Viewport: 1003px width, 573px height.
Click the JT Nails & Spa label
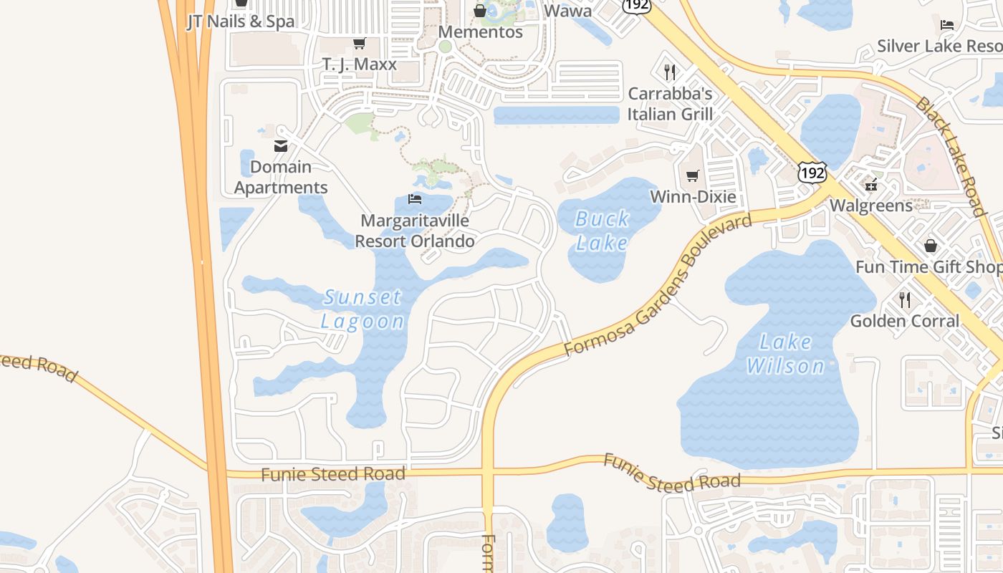pos(241,21)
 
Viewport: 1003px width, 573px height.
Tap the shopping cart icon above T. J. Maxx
pos(359,44)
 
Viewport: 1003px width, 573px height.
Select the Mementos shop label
pos(480,32)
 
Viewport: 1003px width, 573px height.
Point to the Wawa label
pos(568,11)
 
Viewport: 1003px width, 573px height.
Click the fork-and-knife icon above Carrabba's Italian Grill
pos(670,72)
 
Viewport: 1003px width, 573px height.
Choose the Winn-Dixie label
pos(692,196)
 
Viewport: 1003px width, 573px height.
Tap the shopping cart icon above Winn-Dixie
pos(692,175)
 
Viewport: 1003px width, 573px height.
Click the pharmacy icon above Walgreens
pos(871,185)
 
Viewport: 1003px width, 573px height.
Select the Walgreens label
pos(871,206)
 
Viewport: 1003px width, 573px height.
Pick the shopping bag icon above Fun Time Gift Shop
pos(930,246)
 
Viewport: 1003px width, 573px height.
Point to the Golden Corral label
pos(904,321)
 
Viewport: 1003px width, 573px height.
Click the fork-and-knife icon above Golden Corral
pos(905,300)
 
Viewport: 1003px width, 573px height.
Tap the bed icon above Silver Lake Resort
pos(947,25)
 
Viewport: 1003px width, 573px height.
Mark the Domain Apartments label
pos(281,177)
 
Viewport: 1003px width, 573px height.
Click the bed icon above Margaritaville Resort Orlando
pos(415,198)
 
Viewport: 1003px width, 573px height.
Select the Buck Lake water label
pos(603,231)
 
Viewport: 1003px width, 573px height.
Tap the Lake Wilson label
pos(785,354)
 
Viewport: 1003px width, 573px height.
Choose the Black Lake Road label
pos(950,155)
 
